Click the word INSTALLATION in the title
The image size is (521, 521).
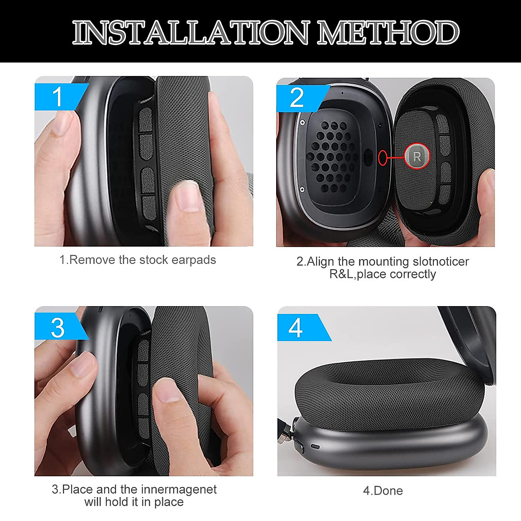pyautogui.click(x=190, y=33)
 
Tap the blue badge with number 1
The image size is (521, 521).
pyautogui.click(x=58, y=96)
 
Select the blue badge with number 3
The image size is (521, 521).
pyautogui.click(x=58, y=327)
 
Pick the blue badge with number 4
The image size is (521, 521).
pyautogui.click(x=297, y=327)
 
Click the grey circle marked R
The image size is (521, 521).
pyautogui.click(x=417, y=156)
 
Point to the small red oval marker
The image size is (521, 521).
pyautogui.click(x=382, y=157)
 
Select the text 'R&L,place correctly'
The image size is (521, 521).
pyautogui.click(x=383, y=274)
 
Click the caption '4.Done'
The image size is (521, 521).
pyautogui.click(x=383, y=491)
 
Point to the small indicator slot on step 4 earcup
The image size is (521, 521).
pyautogui.click(x=315, y=447)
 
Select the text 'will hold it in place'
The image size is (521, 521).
pyautogui.click(x=134, y=502)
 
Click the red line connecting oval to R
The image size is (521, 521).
pyautogui.click(x=395, y=157)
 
